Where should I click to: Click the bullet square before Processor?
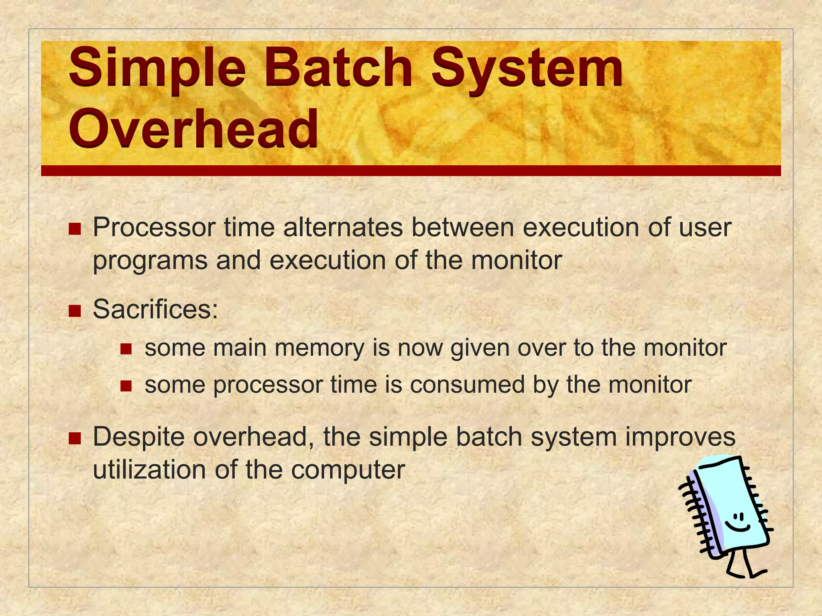[75, 229]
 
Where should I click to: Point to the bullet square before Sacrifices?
[75, 311]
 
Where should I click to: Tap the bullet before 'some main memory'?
[126, 349]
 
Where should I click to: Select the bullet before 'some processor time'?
[126, 386]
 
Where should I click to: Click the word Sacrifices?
[155, 309]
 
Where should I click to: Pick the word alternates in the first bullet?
[342, 227]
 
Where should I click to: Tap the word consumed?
[467, 385]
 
